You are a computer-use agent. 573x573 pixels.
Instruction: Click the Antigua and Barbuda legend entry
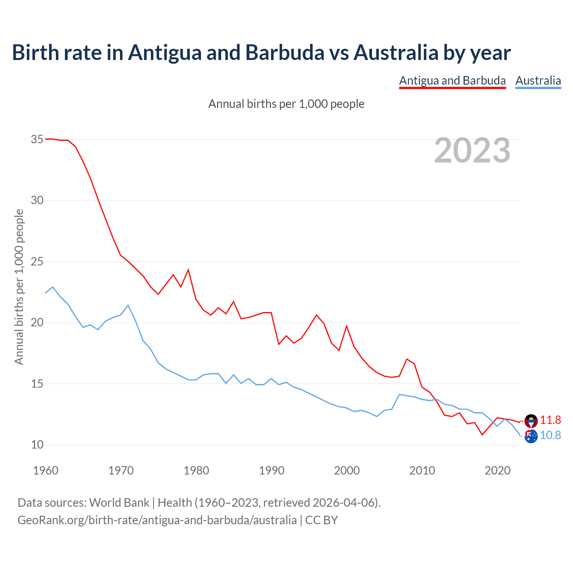(452, 81)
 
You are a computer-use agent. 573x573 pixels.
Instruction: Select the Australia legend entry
(538, 81)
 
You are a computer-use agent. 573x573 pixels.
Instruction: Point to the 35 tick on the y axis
(37, 139)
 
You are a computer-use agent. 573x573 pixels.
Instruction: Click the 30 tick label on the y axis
(37, 200)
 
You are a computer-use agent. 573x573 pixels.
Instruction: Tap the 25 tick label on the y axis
(37, 261)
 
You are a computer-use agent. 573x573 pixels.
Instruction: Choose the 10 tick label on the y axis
(37, 445)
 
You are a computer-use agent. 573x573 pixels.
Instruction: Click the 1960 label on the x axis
(46, 470)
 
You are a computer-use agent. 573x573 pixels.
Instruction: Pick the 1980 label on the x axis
(197, 470)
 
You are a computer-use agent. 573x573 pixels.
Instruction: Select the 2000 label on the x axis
(347, 470)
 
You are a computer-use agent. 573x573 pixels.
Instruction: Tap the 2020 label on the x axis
(498, 470)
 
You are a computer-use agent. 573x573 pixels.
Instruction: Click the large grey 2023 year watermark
(472, 150)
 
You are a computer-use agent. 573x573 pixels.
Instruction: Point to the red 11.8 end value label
(550, 420)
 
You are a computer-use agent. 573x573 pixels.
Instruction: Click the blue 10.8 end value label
(550, 435)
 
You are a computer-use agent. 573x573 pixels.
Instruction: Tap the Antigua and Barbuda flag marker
(531, 421)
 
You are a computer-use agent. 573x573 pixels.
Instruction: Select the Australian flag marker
(531, 436)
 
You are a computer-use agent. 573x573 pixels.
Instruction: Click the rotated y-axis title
(19, 286)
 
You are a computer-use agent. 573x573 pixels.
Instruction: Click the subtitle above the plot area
(286, 104)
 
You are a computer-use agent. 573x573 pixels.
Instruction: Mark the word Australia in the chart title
(396, 52)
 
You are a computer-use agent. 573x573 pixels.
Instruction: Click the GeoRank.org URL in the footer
(157, 520)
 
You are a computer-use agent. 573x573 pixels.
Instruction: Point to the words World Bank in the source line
(119, 502)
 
